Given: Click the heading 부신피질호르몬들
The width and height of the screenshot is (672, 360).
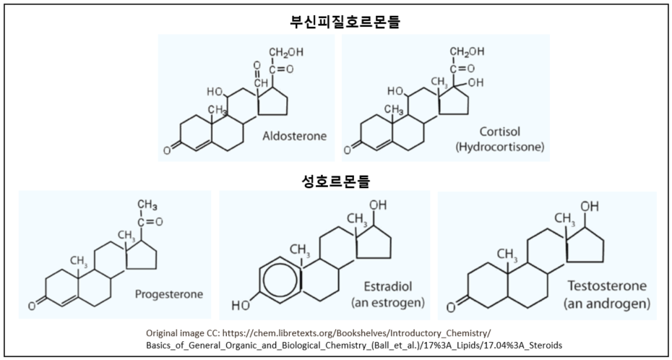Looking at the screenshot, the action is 335,22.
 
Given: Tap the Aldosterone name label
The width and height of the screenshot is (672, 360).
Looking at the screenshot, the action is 294,135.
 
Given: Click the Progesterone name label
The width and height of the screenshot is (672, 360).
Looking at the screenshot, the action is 168,294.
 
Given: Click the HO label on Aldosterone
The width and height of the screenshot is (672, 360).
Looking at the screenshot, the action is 215,92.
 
